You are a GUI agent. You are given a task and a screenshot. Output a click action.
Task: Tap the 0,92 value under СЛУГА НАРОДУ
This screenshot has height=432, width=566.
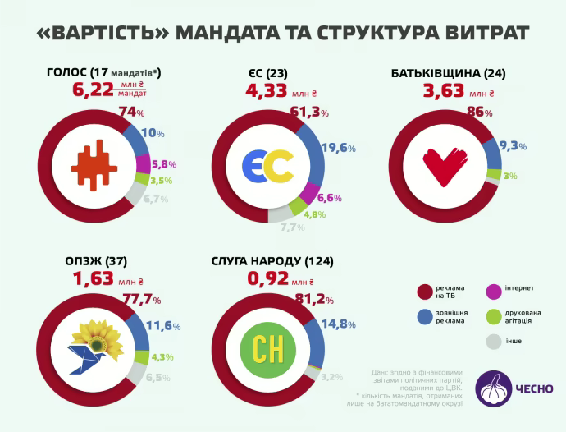point(271,279)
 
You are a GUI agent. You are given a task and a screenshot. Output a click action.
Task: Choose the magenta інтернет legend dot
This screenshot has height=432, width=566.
point(495,289)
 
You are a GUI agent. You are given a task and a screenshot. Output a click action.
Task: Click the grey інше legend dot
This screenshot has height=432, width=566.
point(495,341)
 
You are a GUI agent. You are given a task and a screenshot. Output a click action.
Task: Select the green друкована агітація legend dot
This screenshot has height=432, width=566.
point(495,315)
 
